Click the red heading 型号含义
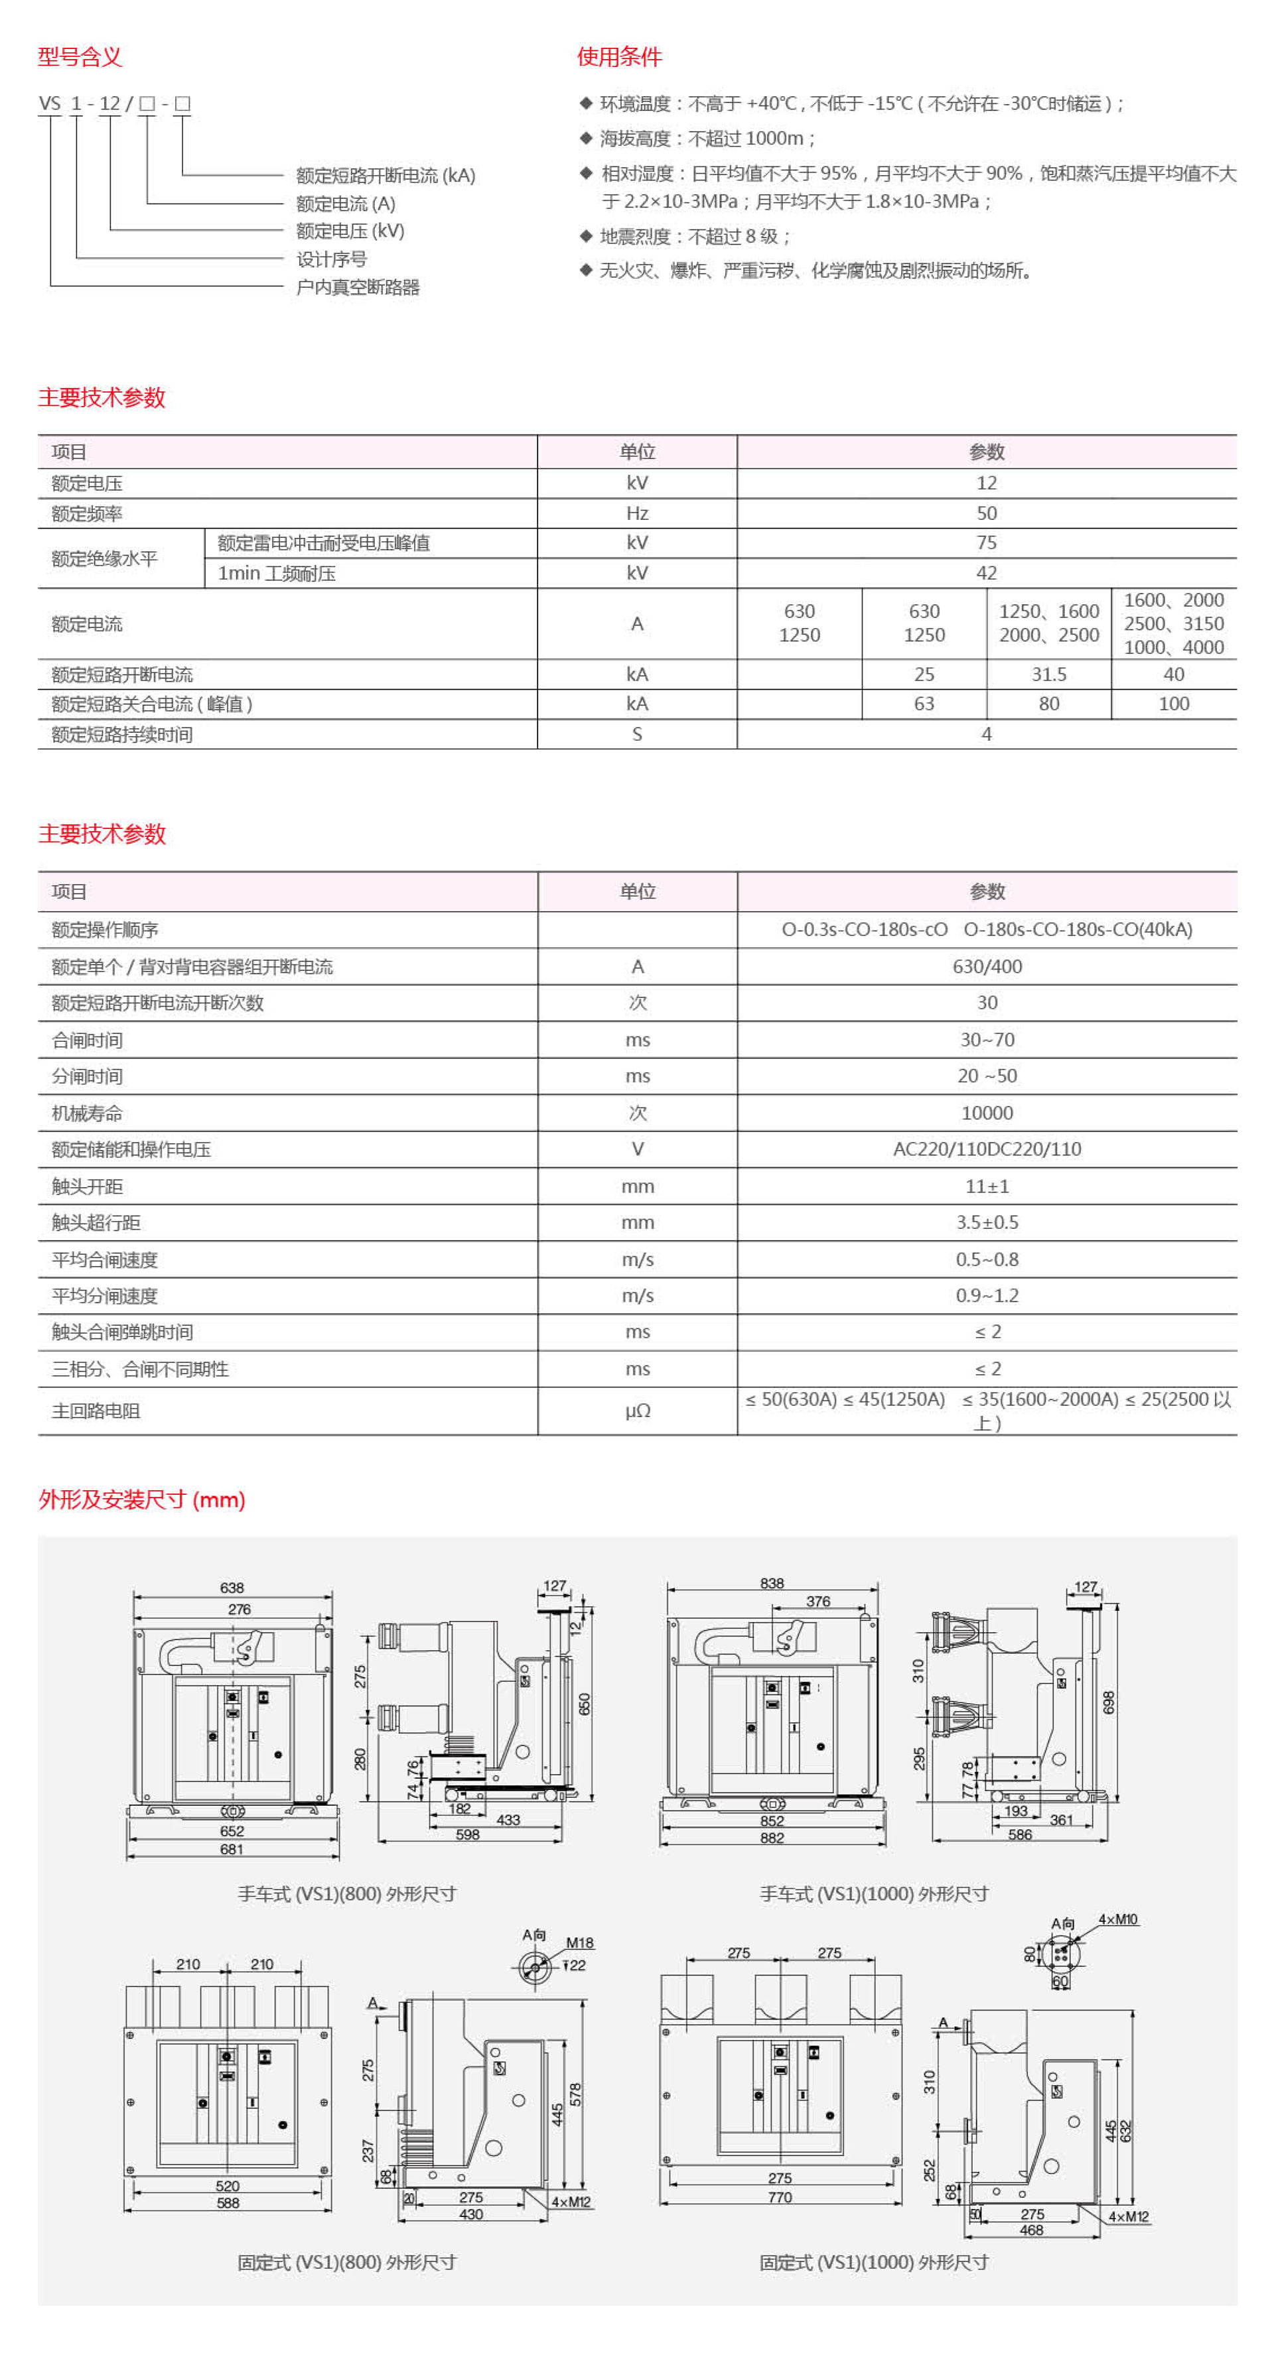coord(80,56)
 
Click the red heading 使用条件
coord(618,56)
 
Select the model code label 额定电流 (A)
coord(345,203)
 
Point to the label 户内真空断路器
coord(358,287)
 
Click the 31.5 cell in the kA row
coord(1048,674)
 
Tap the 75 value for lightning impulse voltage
coord(986,542)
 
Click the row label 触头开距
coord(87,1186)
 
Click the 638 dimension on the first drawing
coord(232,1588)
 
